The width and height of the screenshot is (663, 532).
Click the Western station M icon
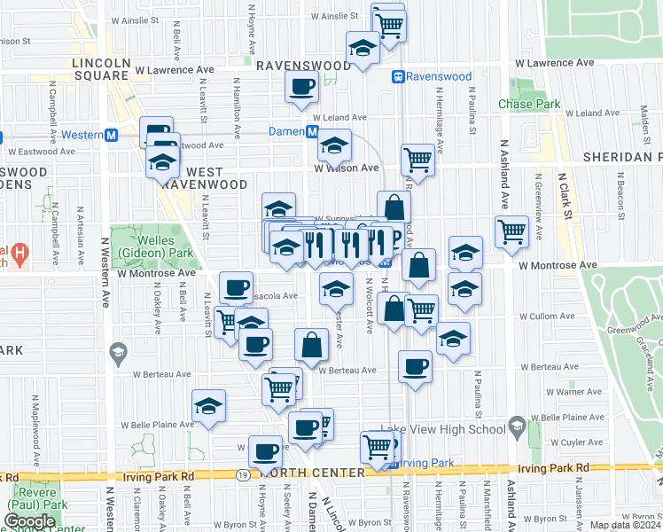point(112,136)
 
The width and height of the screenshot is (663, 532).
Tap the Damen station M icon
point(313,131)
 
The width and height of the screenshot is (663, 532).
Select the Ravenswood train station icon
point(399,77)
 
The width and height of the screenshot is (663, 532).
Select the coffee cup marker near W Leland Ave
point(301,88)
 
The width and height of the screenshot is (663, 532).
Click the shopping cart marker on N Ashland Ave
point(511,231)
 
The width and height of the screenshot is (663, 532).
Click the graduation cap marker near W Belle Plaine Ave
point(209,406)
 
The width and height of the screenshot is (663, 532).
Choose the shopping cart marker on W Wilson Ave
point(417,160)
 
